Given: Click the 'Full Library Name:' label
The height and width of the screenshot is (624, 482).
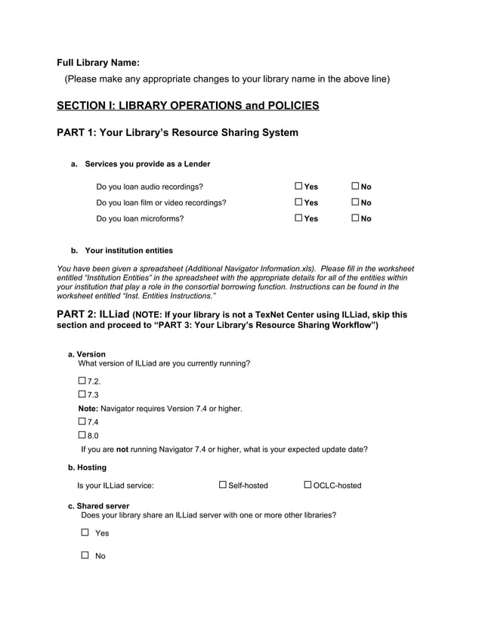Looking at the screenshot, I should coord(98,63).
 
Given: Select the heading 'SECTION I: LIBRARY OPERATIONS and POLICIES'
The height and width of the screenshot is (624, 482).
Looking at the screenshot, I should coord(187,105).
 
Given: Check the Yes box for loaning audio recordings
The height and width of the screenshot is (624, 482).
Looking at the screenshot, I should coord(298,186).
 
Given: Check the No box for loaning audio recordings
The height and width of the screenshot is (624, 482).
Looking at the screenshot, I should coord(355,186).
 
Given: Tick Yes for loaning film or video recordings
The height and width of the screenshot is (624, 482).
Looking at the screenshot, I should coord(298,202).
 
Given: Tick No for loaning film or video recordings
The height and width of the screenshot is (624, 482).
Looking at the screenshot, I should coord(355,202).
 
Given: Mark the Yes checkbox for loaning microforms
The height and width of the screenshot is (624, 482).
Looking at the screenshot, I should coord(298,218).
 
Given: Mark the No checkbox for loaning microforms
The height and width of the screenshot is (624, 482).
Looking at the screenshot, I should coord(355,218).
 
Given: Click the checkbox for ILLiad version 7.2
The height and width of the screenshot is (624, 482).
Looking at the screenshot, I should coord(82,380).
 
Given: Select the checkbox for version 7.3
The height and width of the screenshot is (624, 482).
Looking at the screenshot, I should coord(82,394).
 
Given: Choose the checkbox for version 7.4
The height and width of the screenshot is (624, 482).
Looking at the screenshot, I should coord(82,421).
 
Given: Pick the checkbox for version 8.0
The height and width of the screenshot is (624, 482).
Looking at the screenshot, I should coord(82,434).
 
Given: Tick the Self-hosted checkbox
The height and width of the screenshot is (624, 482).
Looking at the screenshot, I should coord(223,484).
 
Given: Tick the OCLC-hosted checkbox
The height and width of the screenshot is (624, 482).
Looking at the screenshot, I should coord(308,484).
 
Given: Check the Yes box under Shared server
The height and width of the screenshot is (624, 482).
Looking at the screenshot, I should coord(85,532).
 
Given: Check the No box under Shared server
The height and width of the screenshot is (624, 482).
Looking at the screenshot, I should coord(85,555).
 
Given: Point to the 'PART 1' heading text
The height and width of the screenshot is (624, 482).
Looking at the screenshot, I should coord(178,133).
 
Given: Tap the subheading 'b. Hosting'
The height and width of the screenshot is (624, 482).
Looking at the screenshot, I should coord(87,468).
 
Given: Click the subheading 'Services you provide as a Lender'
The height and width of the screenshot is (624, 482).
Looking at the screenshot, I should coord(147,164).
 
